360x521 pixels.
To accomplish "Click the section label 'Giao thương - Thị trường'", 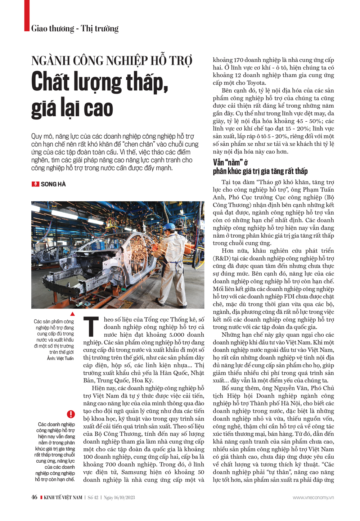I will pyautogui.click(x=75, y=28).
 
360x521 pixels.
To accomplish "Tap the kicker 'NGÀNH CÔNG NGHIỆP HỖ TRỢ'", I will pyautogui.click(x=112, y=60).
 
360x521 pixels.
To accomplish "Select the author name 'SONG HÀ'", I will pyautogui.click(x=53, y=184).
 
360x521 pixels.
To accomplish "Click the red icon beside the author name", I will pyautogui.click(x=35, y=184).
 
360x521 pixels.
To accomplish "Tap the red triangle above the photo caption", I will pyautogui.click(x=72, y=314).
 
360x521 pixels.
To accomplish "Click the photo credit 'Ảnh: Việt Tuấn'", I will pyautogui.click(x=60, y=358).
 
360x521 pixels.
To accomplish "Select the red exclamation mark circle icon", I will pyautogui.click(x=71, y=414).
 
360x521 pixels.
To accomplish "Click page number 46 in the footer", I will pyautogui.click(x=34, y=497).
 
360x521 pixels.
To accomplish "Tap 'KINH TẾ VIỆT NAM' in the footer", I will pyautogui.click(x=63, y=498).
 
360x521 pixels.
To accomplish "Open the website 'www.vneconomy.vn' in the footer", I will pyautogui.click(x=313, y=498).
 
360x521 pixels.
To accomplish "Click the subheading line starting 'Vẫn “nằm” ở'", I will pyautogui.click(x=230, y=162).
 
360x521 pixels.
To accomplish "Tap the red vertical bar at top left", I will pyautogui.click(x=26, y=15).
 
